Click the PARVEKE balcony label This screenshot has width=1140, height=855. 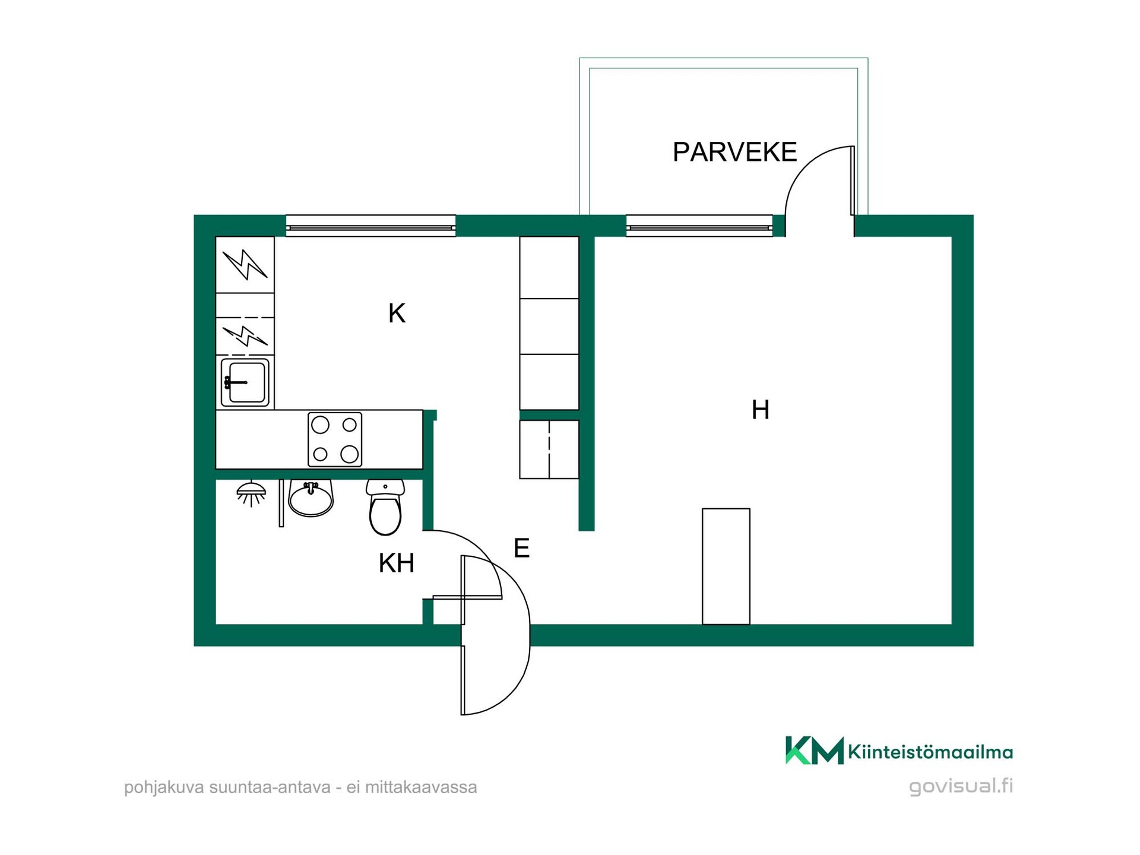[x=734, y=152]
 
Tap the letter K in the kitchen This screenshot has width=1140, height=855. [x=397, y=313]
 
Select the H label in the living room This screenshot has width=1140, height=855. [x=761, y=410]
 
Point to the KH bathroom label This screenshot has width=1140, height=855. [x=397, y=563]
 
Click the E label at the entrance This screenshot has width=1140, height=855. [x=521, y=548]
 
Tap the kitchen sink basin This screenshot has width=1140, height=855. [x=245, y=382]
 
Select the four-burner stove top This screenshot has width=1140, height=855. [x=335, y=439]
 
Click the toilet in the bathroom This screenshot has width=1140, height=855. [x=385, y=507]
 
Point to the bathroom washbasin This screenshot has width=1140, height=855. [x=311, y=498]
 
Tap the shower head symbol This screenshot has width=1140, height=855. [x=251, y=493]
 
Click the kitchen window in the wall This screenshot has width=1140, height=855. [x=370, y=226]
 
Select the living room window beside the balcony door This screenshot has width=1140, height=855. [x=699, y=226]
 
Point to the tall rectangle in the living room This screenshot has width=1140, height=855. [x=726, y=566]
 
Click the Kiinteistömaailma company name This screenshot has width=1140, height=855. [x=930, y=752]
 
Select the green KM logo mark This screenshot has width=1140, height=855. [x=814, y=750]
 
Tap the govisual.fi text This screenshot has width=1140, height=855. [x=961, y=786]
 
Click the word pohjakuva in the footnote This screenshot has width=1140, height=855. [x=164, y=788]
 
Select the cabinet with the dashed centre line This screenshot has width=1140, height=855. [x=549, y=449]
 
